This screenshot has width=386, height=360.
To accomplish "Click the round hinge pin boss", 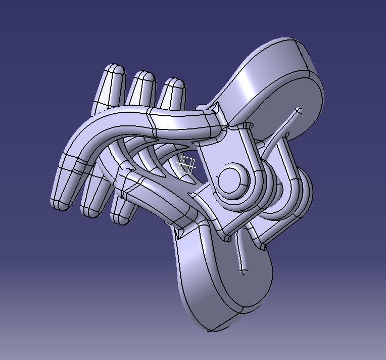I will coord(230,178).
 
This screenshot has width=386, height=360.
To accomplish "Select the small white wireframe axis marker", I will coord(187,165).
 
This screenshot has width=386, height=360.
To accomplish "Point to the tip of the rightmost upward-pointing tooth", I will coord(174,82).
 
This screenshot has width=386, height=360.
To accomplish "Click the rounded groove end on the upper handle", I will coord(299,110).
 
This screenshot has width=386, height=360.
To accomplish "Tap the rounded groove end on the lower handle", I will coord(244,272).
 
